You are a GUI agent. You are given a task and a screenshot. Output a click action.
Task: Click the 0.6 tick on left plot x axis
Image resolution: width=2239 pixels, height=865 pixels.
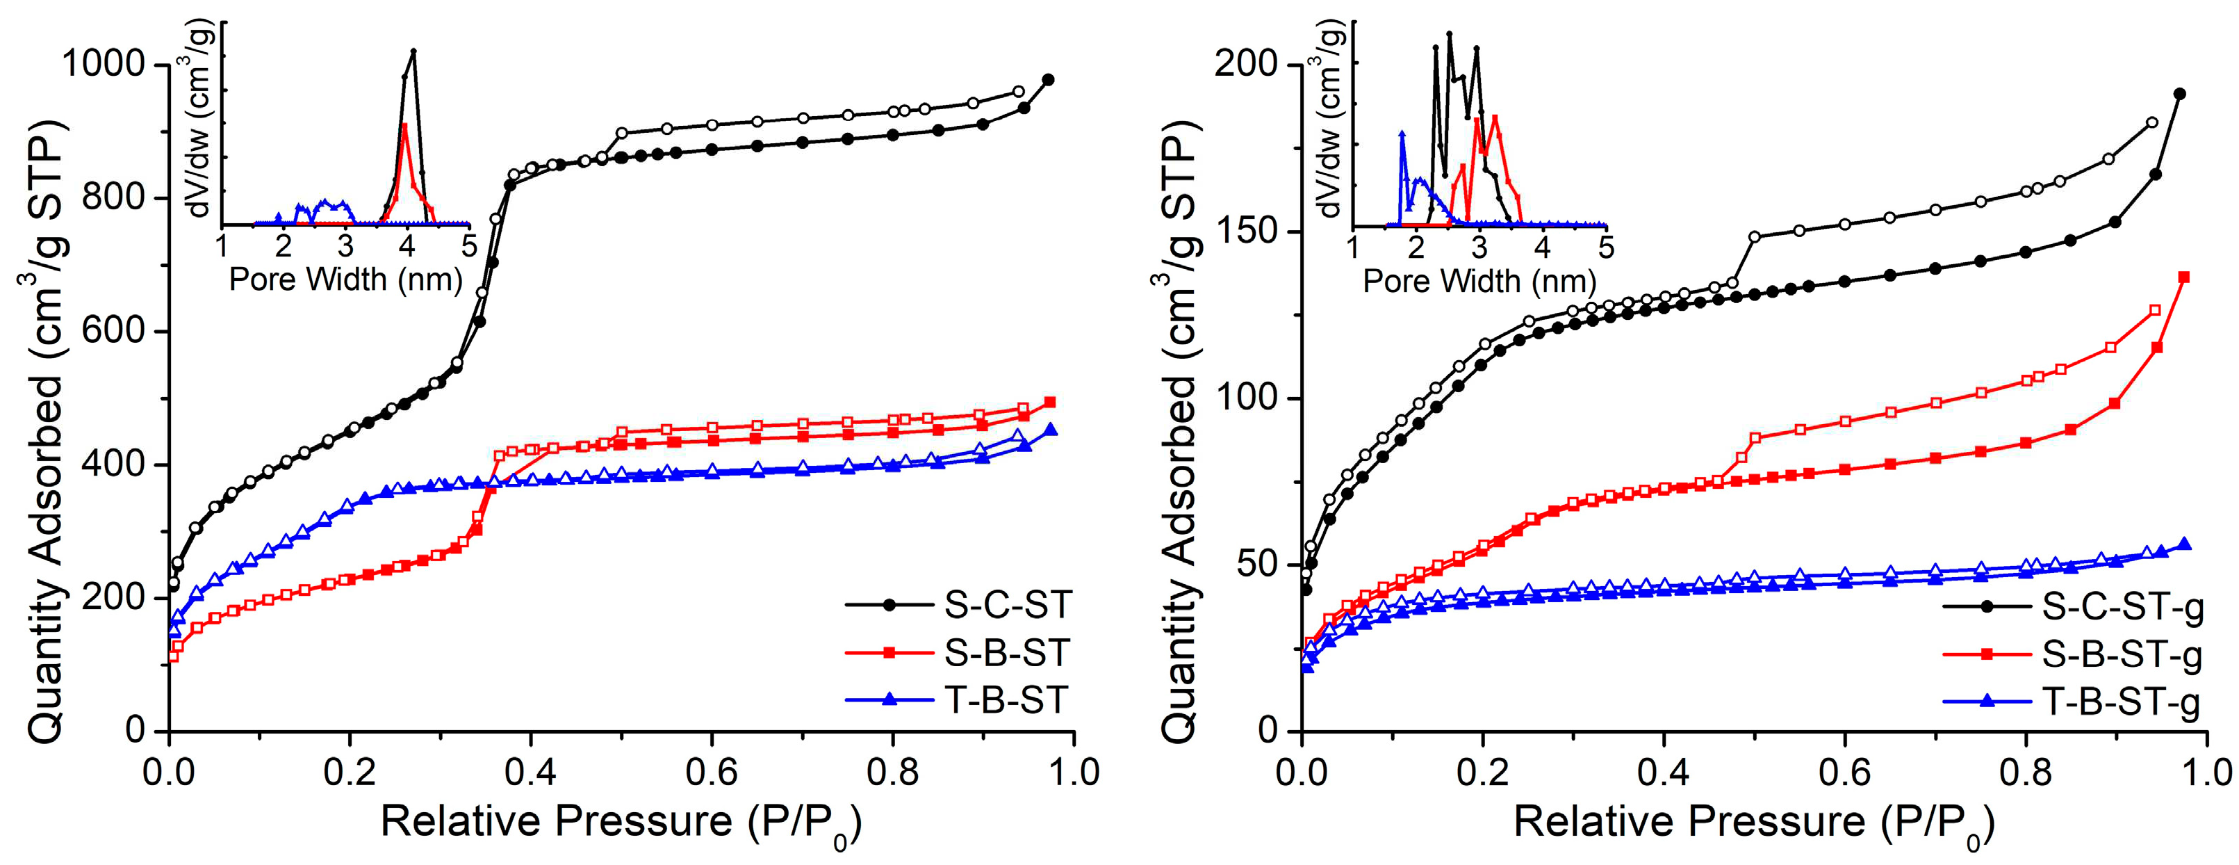click(x=711, y=772)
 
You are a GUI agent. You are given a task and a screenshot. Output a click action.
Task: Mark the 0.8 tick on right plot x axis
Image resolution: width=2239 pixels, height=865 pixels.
click(x=2025, y=772)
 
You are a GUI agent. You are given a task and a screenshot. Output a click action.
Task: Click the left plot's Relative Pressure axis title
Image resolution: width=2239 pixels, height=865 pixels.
click(x=621, y=821)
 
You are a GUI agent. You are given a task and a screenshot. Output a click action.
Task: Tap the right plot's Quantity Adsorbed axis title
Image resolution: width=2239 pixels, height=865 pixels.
click(x=1179, y=430)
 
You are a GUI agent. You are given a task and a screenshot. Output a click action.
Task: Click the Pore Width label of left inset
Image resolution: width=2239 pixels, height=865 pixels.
click(x=345, y=280)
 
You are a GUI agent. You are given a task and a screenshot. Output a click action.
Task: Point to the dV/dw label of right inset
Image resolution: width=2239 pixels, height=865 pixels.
click(x=1331, y=122)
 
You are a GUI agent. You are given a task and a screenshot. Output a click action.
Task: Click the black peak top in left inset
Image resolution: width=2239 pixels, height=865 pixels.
click(x=413, y=51)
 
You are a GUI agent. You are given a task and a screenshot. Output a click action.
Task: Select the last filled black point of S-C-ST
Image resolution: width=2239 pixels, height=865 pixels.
click(x=1048, y=79)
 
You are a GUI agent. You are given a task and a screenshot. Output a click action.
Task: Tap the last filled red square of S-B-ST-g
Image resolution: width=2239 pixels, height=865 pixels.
click(x=2183, y=277)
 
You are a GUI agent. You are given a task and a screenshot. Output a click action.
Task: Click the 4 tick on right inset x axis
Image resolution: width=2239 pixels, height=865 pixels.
click(x=1542, y=247)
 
